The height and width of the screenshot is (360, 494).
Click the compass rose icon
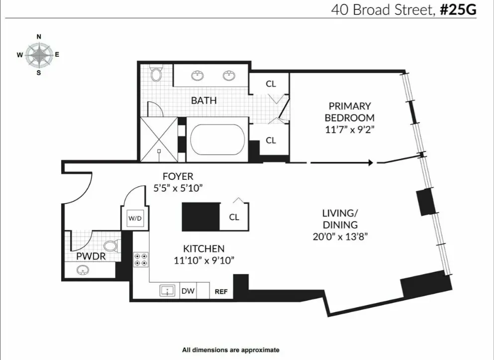pos(39,55)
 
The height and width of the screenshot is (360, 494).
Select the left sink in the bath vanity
pos(198,76)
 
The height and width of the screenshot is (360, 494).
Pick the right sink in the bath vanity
pos(229,76)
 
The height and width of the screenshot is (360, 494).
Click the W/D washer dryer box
pos(135,218)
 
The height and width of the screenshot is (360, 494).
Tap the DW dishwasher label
pos(188,291)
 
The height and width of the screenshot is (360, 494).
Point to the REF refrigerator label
pos(220,292)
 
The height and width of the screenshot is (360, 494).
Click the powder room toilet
pos(111,245)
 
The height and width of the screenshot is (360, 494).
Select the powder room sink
pos(83,270)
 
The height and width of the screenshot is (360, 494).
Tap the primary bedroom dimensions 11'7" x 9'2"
pos(349,129)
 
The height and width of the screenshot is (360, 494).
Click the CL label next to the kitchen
pos(234,218)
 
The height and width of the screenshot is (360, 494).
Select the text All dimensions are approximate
pos(231,350)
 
